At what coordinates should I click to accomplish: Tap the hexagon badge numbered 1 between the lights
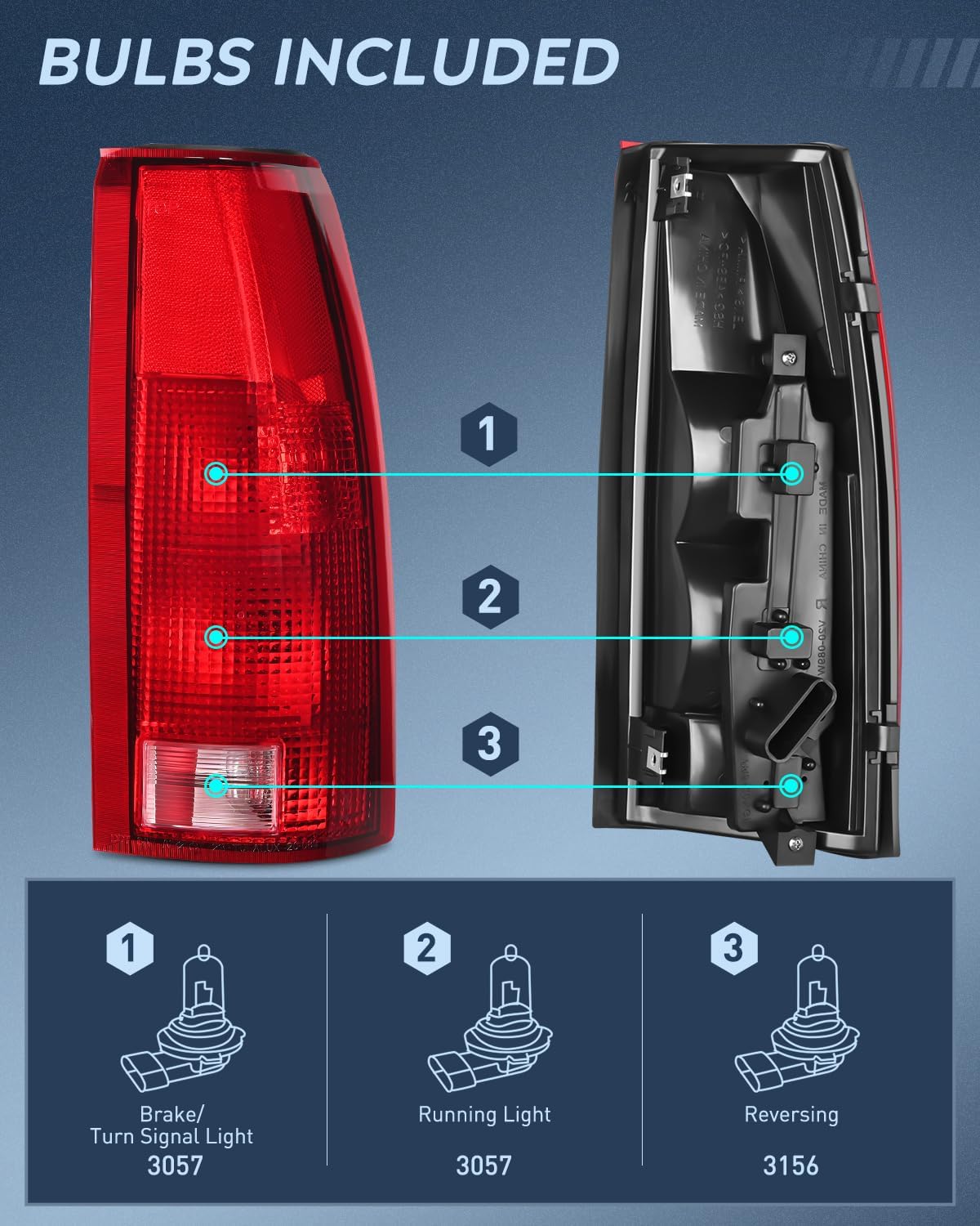488,434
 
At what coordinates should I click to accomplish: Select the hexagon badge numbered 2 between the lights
489,597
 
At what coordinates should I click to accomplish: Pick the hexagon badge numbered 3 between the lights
489,744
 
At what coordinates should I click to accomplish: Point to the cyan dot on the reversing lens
216,786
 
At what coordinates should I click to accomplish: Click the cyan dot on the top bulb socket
791,473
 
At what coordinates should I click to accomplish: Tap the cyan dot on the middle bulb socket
791,637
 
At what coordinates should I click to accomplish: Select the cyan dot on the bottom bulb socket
791,786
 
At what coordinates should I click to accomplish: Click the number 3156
790,1165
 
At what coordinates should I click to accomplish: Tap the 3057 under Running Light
483,1165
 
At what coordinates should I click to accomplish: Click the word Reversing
791,1115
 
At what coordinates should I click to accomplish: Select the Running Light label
484,1115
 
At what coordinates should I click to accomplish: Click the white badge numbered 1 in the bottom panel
129,948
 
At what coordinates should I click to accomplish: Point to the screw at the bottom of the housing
795,843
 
